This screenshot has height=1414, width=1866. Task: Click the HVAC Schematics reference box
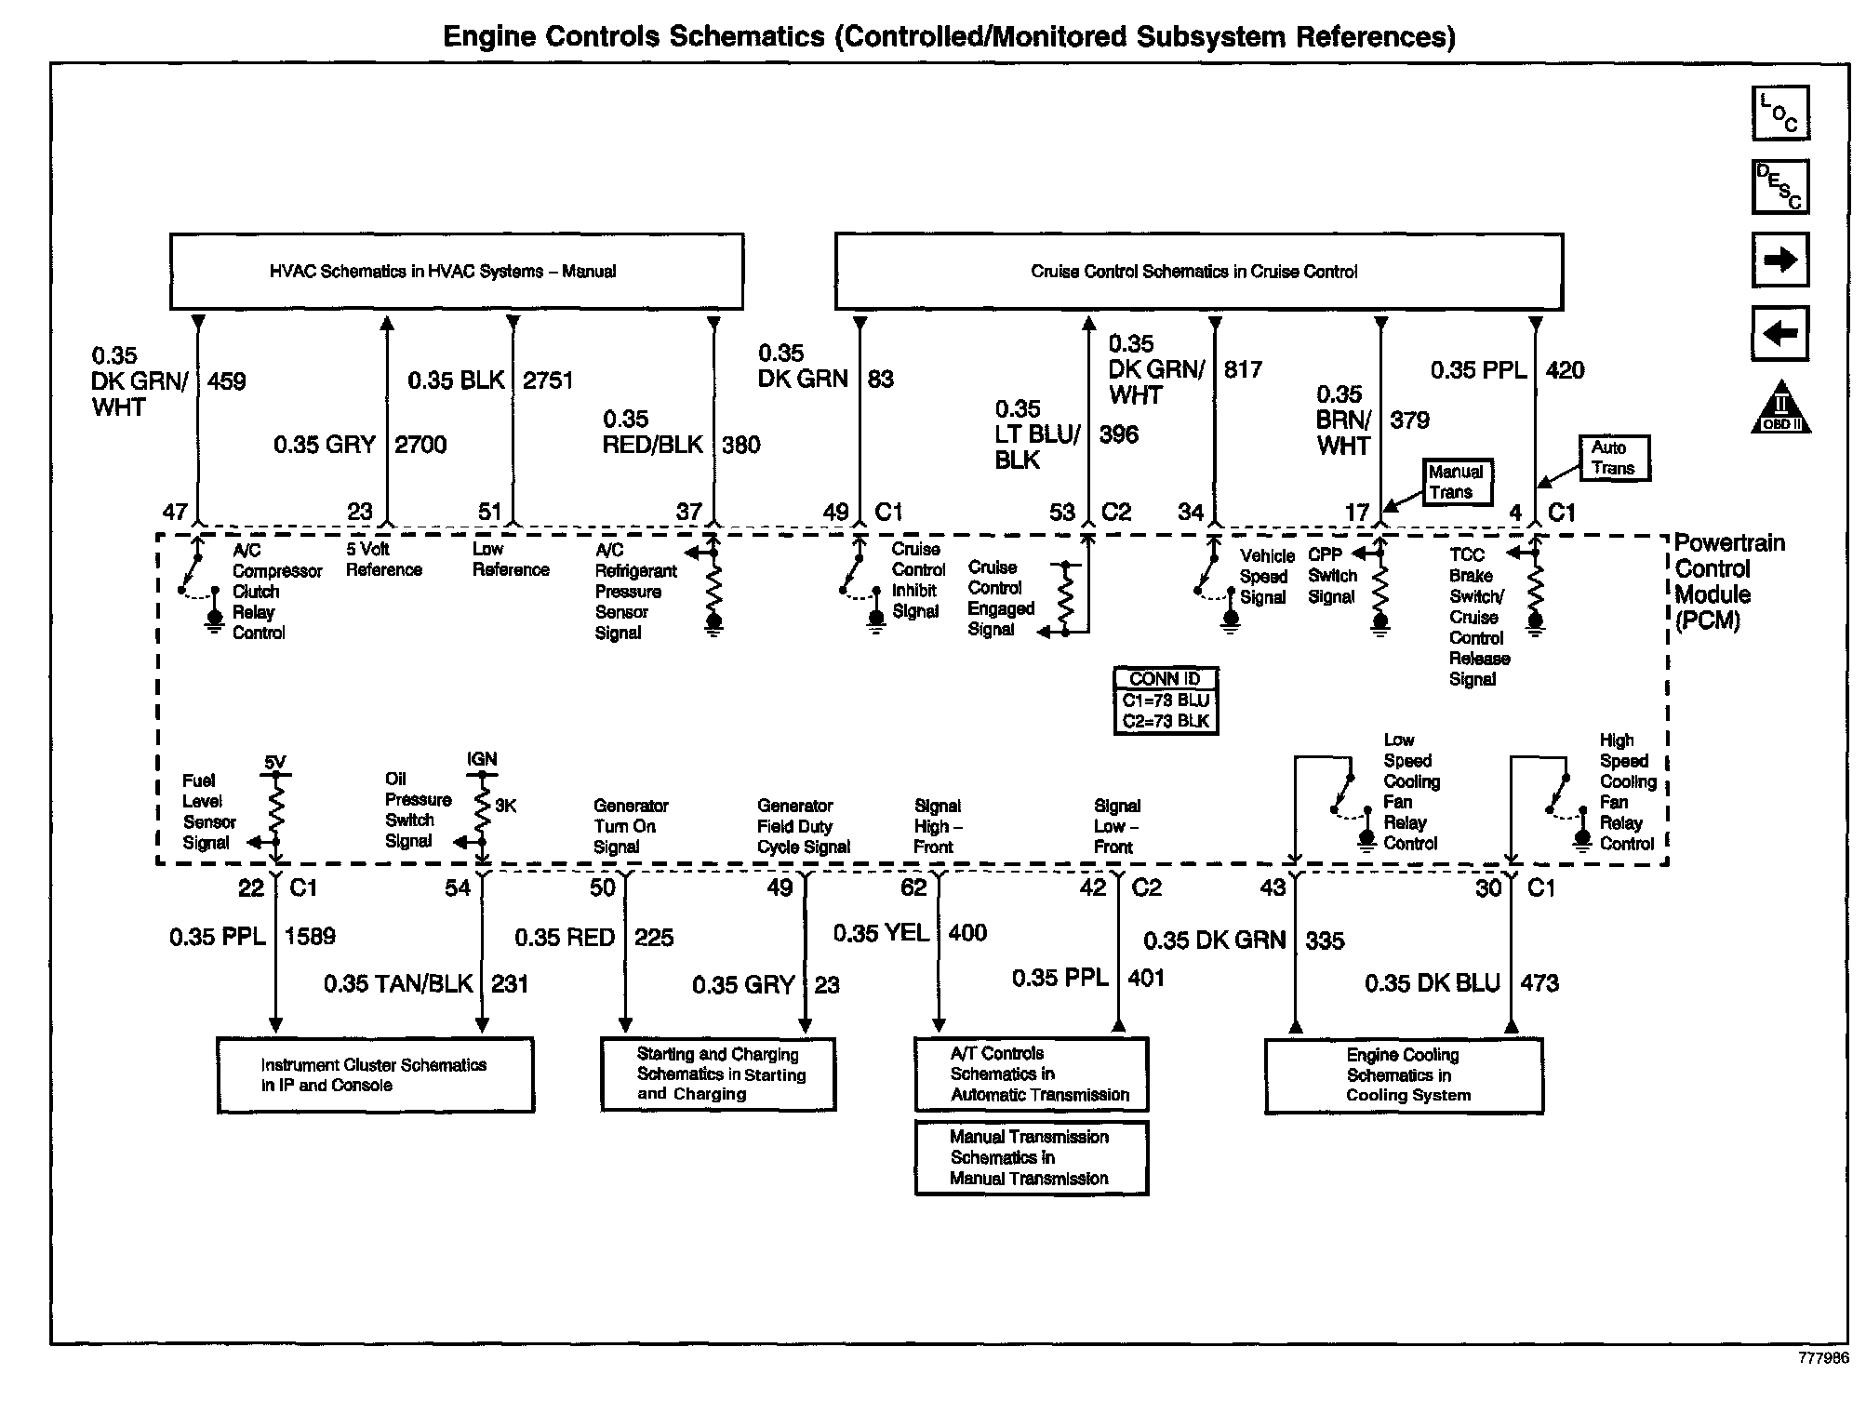456,272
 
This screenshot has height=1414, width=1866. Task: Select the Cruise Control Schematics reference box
1198,272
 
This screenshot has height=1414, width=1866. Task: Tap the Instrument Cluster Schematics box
375,1075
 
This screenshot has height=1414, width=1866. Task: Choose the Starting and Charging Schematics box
718,1074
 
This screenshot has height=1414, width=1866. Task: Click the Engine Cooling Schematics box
1404,1075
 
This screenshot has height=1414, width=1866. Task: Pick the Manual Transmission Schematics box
1031,1157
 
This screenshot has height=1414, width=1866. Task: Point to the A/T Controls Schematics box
1031,1074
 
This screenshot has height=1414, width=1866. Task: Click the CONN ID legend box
1166,700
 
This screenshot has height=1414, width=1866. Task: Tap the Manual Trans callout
1456,482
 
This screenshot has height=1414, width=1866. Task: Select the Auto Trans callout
1614,459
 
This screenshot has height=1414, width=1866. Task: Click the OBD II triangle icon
1780,407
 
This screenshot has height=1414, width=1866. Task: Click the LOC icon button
1780,113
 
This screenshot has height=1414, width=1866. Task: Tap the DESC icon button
1780,187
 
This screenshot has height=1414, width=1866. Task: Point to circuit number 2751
548,380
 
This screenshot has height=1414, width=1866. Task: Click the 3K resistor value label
505,806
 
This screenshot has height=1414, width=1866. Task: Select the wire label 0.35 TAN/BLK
398,983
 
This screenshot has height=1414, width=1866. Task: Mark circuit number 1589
310,936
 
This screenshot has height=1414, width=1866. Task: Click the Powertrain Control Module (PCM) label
1728,581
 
